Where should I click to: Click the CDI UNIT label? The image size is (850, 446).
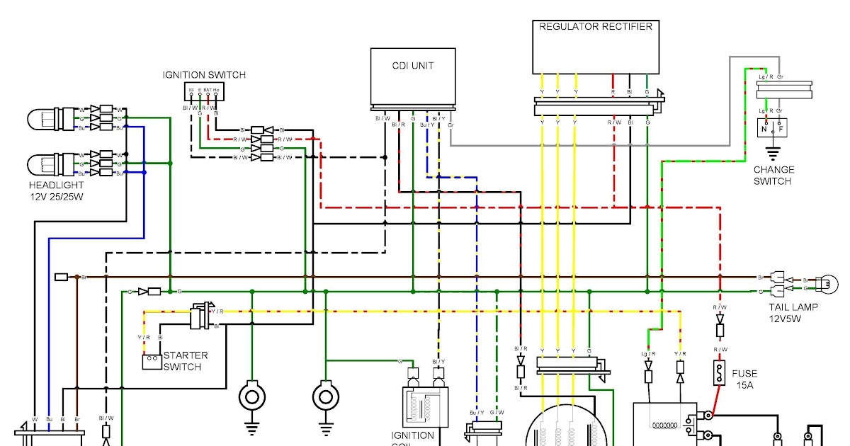coord(413,66)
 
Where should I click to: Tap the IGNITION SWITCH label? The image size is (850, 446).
coord(204,75)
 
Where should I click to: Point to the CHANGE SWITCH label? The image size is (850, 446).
coord(773,175)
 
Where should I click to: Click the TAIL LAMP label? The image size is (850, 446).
coord(793,311)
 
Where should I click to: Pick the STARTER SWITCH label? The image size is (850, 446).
coord(186,361)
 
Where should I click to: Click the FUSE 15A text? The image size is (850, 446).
coord(744,379)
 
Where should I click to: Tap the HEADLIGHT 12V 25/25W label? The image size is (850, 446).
coord(56,190)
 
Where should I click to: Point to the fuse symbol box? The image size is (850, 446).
coord(720,373)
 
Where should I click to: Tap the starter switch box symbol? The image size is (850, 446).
coord(152,362)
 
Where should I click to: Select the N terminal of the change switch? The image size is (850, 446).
coord(765,130)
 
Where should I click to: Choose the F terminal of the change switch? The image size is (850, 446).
coord(780,130)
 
